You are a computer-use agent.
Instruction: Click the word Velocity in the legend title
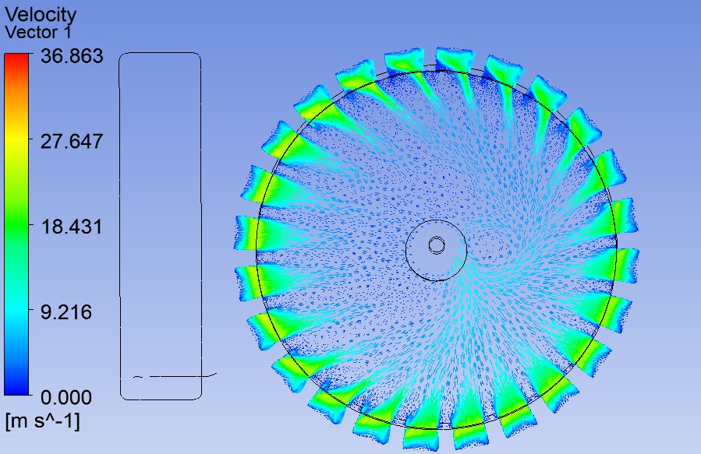coord(41,14)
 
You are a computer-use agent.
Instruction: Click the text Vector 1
coord(38,32)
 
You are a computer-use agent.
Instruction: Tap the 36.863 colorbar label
coord(72,56)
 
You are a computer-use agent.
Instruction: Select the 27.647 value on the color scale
coord(72,142)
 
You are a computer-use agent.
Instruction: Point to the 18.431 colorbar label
coord(72,227)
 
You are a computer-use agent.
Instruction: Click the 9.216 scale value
coord(66,312)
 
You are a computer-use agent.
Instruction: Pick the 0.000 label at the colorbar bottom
coord(66,397)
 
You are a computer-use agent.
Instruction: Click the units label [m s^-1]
coord(42,421)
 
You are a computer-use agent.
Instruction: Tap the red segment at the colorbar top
coord(16,60)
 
